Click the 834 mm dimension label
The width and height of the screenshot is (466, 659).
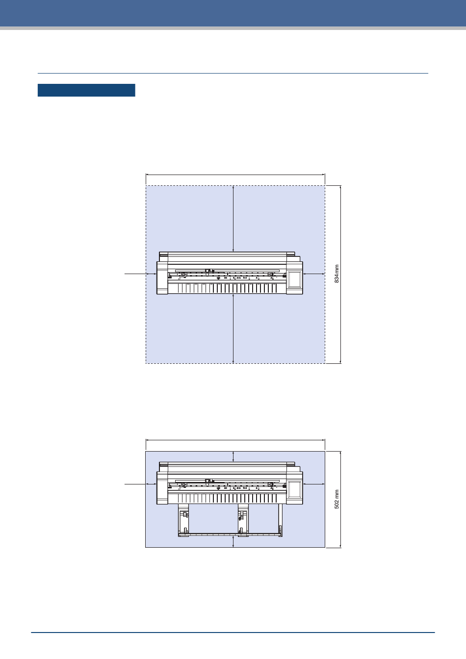(x=337, y=274)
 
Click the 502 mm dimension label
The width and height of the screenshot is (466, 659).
(x=337, y=499)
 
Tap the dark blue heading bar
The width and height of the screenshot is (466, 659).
(x=86, y=90)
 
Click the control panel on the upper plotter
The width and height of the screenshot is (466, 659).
(x=294, y=279)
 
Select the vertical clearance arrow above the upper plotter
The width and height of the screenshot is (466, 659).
(x=233, y=219)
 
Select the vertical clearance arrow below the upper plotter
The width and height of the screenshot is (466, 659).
(x=233, y=329)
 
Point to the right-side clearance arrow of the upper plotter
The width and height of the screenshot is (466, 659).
(x=314, y=274)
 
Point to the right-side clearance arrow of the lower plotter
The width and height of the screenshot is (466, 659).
(x=314, y=484)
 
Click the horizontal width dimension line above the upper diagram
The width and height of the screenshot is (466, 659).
(x=235, y=175)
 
